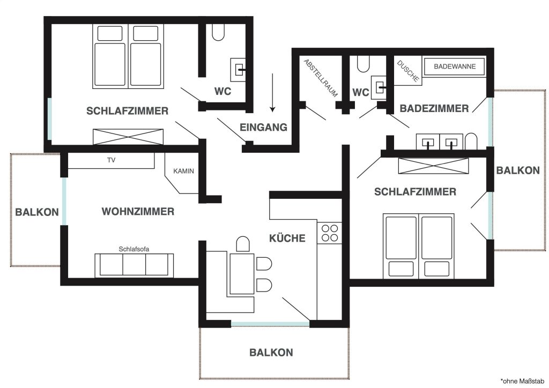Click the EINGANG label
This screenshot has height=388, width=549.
coord(263,128)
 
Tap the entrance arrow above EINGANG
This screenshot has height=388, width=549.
coord(272,93)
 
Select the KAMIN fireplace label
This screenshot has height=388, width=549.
coord(183,171)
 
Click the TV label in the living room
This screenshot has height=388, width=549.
coord(112,160)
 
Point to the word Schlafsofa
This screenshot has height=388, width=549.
coord(133,249)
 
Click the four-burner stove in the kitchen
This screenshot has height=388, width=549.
coord(330,233)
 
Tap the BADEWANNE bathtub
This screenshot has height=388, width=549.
coord(455,66)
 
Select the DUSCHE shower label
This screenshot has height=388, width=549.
coord(408,71)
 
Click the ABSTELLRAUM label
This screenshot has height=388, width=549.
coord(321,78)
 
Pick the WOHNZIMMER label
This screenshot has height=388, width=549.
coord(138,212)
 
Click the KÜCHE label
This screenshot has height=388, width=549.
coord(287,238)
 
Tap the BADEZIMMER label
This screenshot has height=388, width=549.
coord(434,108)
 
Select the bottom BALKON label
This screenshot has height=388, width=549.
coord(271,352)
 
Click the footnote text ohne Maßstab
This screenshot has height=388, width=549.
coord(523,381)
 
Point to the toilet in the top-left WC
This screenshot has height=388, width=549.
coord(218,32)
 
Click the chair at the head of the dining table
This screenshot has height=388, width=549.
coord(243,244)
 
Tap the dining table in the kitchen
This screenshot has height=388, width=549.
coord(242,274)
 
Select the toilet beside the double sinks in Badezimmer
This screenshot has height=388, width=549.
coord(471,141)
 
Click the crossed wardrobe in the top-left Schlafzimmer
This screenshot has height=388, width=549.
coord(128,137)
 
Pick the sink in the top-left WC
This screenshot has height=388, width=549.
coord(238,70)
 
